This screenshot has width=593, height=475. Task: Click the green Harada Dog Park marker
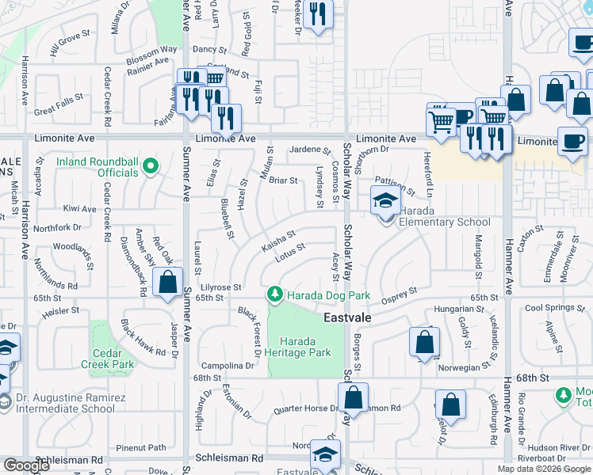coord(275,294)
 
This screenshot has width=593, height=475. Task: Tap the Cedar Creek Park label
coord(111,359)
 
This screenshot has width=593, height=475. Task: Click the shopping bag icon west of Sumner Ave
coord(168,283)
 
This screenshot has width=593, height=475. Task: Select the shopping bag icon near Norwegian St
coord(425,342)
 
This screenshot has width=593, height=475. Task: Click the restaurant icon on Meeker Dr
coord(318,14)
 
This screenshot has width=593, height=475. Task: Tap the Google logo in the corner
coord(27,465)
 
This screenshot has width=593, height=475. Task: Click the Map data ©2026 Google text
coord(544,469)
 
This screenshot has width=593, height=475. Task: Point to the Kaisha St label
coord(278,242)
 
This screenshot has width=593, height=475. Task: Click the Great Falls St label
coord(59,105)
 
